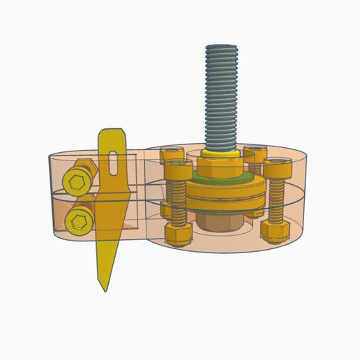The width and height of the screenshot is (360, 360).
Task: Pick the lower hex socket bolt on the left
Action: [77, 223]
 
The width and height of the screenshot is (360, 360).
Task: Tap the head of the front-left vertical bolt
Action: [176, 169]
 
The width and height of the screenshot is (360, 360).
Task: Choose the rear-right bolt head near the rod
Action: [255, 153]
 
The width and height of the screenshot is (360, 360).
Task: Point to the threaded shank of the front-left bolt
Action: [177, 202]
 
